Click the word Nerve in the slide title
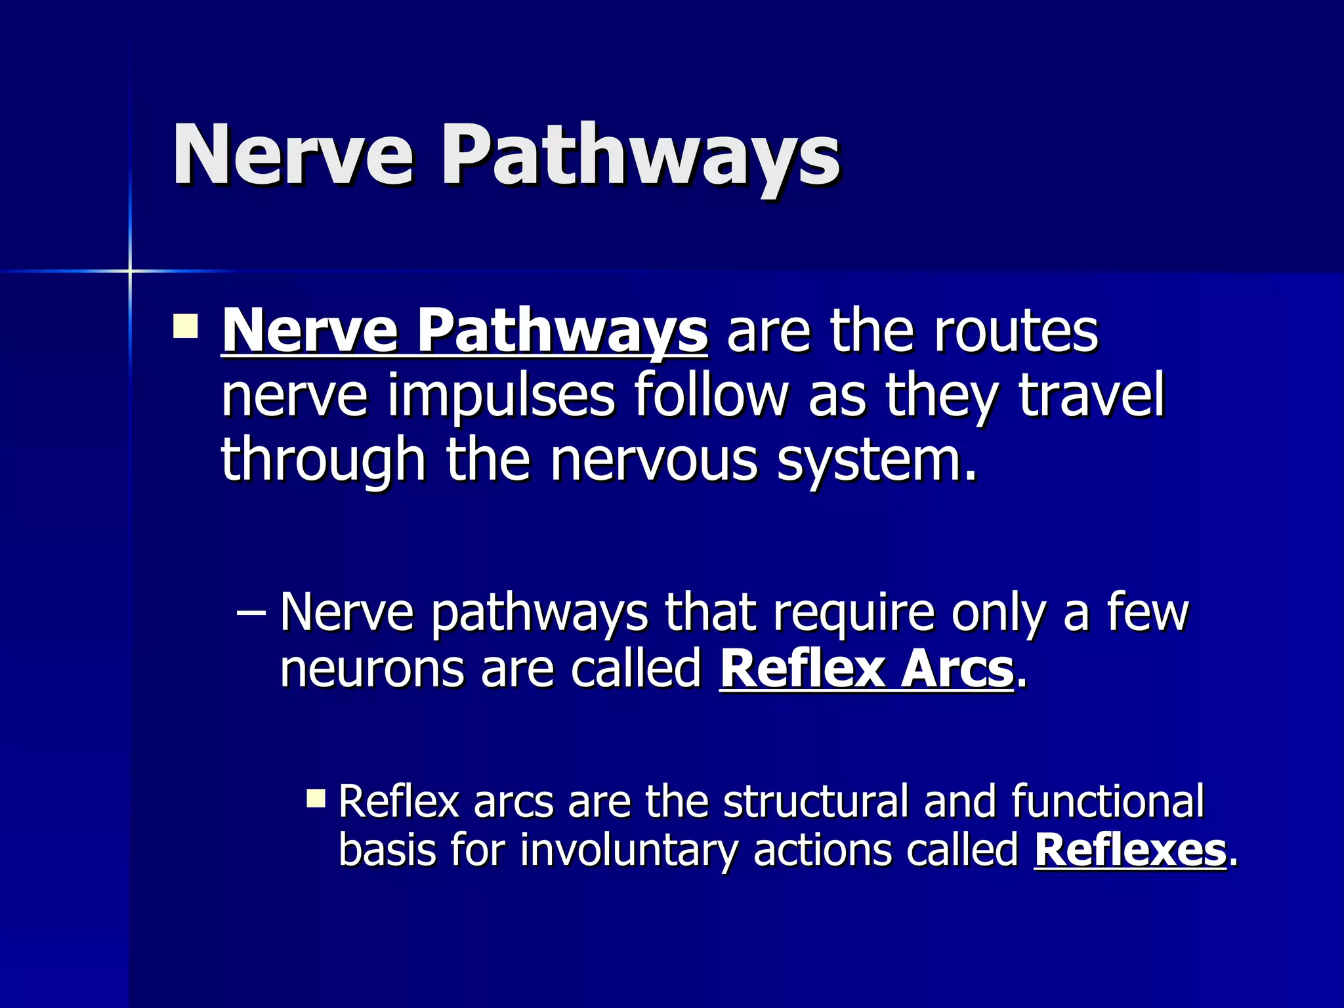(x=293, y=156)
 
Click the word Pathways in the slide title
(x=640, y=157)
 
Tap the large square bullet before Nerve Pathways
(x=186, y=326)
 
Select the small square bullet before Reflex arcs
(x=316, y=798)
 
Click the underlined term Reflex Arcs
(x=866, y=669)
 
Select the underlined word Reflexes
(x=1129, y=850)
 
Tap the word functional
(x=1107, y=801)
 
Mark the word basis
(x=386, y=850)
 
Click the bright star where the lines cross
(x=130, y=270)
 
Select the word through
(x=323, y=461)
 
